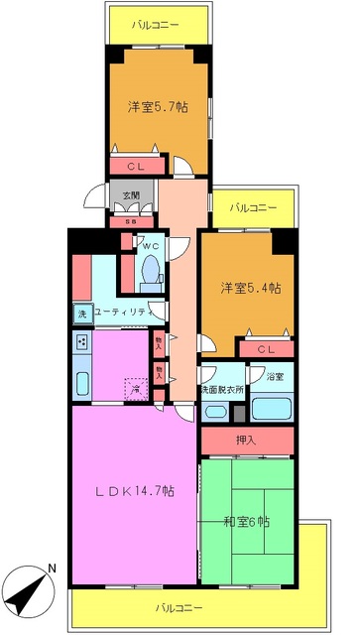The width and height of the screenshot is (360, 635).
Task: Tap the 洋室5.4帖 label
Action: [250, 288]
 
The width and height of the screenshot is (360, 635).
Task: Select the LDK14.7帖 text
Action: [135, 490]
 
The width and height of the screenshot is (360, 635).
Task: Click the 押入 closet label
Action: [246, 438]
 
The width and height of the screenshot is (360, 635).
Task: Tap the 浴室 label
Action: [274, 377]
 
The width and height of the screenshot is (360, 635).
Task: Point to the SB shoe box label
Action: [130, 220]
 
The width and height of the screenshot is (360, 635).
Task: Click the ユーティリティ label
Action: [125, 313]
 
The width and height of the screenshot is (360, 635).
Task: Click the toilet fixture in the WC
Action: [150, 268]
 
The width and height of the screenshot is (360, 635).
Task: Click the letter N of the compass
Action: [53, 569]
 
